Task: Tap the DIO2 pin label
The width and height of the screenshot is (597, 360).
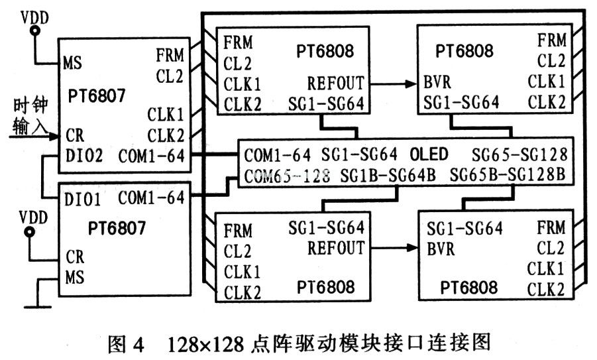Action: [x=85, y=156]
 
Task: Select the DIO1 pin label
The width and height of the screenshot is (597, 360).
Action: [x=85, y=198]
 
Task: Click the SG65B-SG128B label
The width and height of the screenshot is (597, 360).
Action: [x=506, y=176]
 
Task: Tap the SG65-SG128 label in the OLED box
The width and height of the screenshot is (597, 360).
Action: [x=519, y=154]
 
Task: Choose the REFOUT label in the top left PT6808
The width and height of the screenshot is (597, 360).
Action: [x=335, y=84]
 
